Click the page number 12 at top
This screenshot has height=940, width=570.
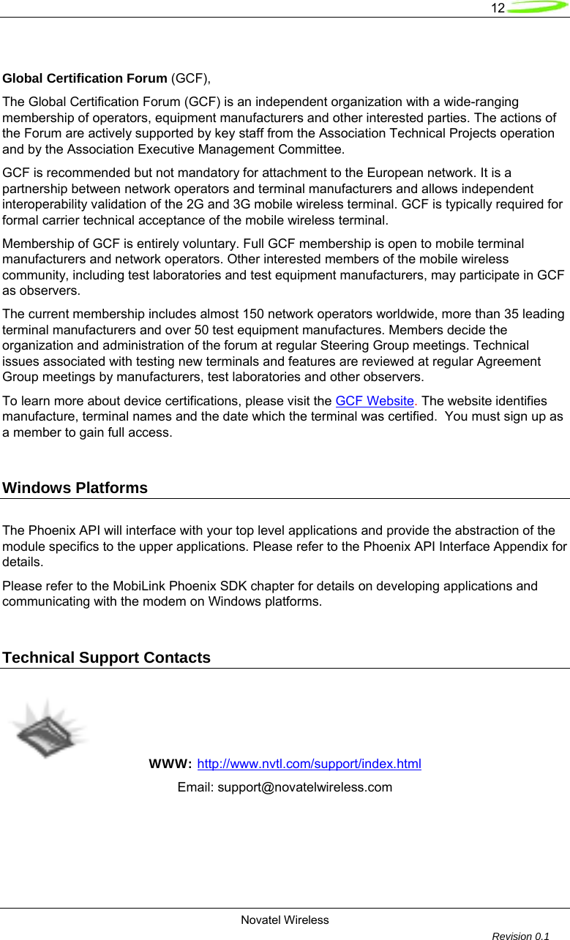(x=498, y=8)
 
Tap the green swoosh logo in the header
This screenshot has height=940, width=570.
(x=537, y=8)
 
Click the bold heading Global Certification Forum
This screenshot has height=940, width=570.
(x=85, y=78)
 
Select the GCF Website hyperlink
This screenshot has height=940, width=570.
(x=375, y=401)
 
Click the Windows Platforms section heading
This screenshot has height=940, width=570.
(x=75, y=488)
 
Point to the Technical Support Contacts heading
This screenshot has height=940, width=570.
(x=107, y=658)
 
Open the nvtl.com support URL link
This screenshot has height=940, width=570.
(x=310, y=764)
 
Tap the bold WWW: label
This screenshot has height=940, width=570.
(x=170, y=764)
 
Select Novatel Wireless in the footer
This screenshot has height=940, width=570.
(x=285, y=920)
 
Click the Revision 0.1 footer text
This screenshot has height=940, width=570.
(x=520, y=936)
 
